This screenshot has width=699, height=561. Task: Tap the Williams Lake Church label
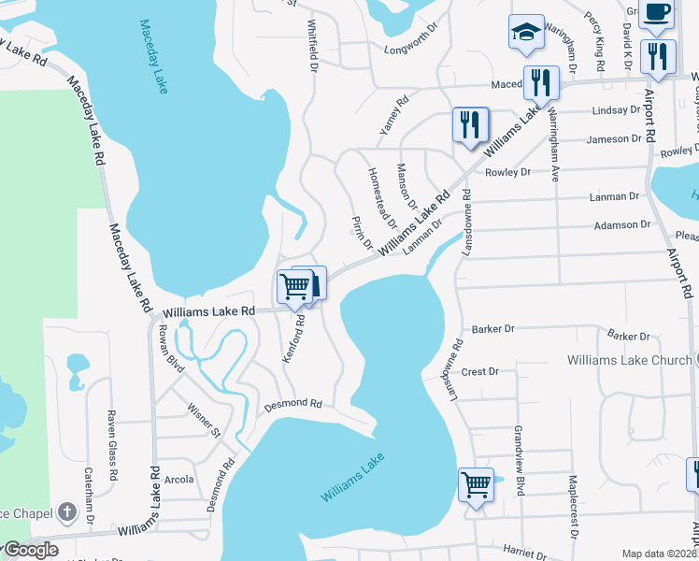pyautogui.click(x=629, y=360)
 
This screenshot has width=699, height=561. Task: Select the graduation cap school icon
pyautogui.click(x=526, y=31)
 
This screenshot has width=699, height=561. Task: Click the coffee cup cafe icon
pyautogui.click(x=655, y=13)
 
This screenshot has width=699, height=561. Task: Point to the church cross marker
pyautogui.click(x=65, y=511)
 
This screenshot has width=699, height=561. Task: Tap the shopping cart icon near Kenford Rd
pyautogui.click(x=294, y=285)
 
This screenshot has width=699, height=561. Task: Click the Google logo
pyautogui.click(x=30, y=550)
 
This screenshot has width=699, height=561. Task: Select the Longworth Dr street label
pyautogui.click(x=411, y=40)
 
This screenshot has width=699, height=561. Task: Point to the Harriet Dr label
pyautogui.click(x=524, y=553)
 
